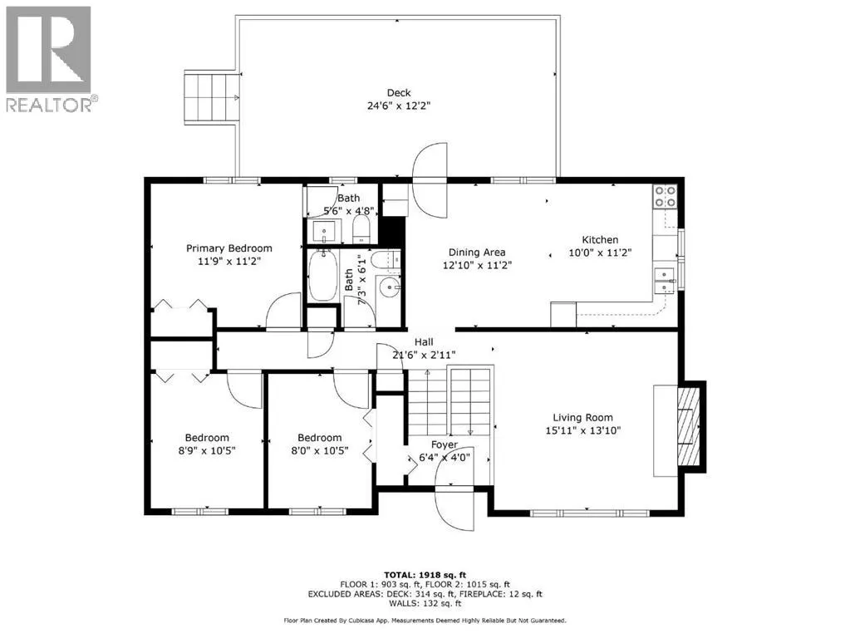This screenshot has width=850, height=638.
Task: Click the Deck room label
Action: (399, 93)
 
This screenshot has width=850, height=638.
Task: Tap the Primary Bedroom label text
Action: (228, 248)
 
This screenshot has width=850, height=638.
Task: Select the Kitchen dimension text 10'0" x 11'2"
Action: (600, 252)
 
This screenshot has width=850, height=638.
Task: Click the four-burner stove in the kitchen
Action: (666, 196)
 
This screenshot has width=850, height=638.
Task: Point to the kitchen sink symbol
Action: (665, 281)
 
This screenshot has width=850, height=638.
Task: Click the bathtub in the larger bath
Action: (322, 275)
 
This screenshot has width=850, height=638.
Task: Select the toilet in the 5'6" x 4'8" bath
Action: (361, 230)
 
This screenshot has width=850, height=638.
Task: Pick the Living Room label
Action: (582, 417)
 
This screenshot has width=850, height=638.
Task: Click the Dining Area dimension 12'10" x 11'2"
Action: (477, 265)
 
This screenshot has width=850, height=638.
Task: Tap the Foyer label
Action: (445, 444)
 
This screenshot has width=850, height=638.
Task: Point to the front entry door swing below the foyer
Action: (454, 509)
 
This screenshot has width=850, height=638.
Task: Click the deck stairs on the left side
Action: (212, 97)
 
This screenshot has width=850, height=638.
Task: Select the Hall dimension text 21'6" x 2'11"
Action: (424, 355)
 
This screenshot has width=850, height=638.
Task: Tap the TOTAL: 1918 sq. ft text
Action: (425, 575)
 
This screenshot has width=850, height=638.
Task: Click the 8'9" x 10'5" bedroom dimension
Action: (207, 450)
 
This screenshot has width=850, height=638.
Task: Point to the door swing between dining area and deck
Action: (430, 180)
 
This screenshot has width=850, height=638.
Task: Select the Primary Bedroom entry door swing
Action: (283, 310)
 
